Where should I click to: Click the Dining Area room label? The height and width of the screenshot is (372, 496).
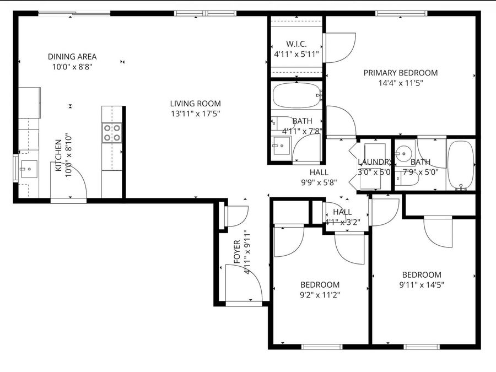72,56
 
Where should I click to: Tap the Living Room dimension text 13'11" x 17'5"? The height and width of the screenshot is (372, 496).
195,114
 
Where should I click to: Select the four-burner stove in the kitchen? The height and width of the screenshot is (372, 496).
112,133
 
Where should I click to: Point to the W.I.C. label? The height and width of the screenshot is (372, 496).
296,44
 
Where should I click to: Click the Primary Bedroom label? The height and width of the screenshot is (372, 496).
400,73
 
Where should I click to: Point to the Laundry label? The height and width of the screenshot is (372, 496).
375,162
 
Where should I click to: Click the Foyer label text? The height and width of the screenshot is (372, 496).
237,251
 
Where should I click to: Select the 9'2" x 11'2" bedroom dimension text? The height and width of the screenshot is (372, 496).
320,295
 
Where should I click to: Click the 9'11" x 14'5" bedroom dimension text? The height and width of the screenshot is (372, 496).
422,285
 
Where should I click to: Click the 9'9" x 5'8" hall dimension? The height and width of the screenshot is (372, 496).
319,182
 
